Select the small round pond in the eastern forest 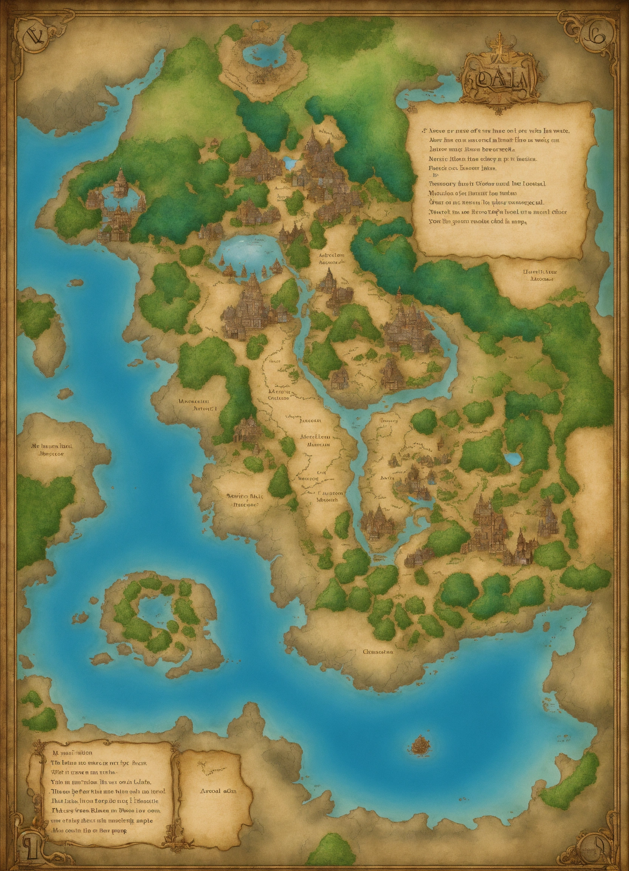[512, 458]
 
